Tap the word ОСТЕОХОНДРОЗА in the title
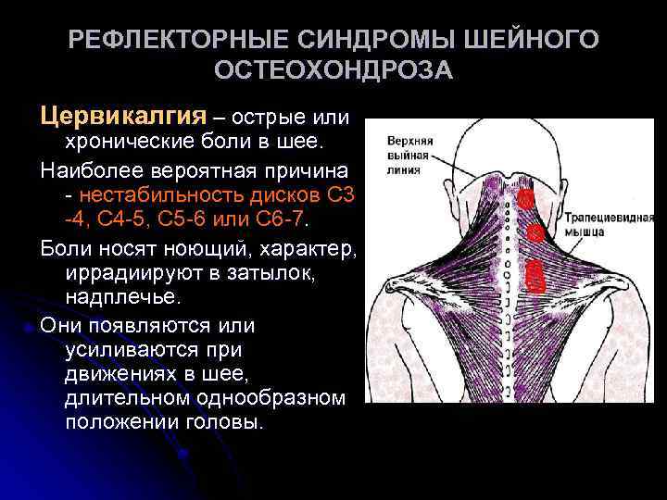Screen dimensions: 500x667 333,70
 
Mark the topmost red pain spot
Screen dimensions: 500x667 525,199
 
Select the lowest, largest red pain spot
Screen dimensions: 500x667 534,273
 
